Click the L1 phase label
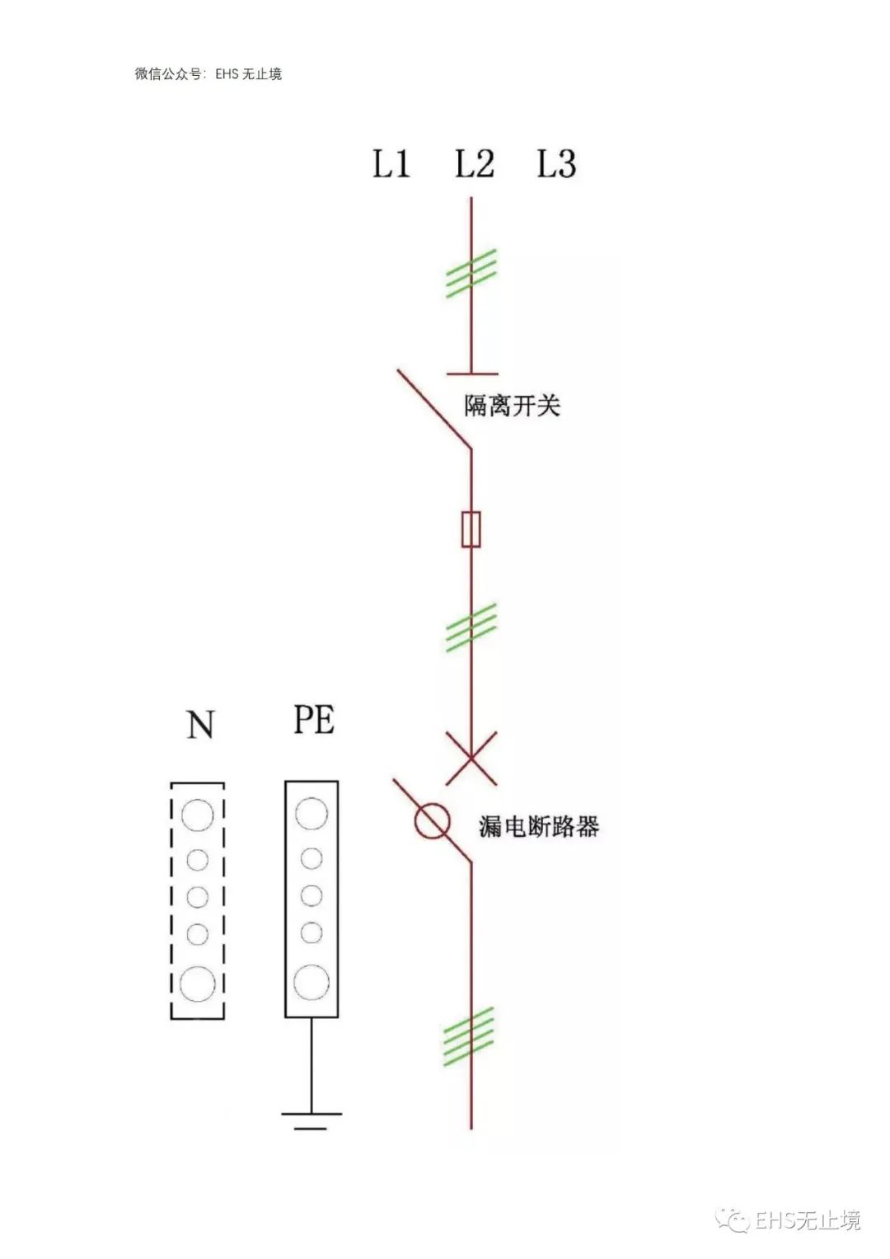391,163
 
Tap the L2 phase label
474,163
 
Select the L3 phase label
556,163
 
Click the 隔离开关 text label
512,406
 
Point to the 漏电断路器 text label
539,826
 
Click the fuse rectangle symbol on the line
471,528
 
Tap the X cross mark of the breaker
471,758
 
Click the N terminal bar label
199,725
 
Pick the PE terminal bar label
314,720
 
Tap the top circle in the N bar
197,815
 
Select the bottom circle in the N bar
197,983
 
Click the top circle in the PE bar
311,813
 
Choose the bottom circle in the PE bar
311,982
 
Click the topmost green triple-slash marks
471,273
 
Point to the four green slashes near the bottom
469,1037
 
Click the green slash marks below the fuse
471,627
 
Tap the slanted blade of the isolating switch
434,410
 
